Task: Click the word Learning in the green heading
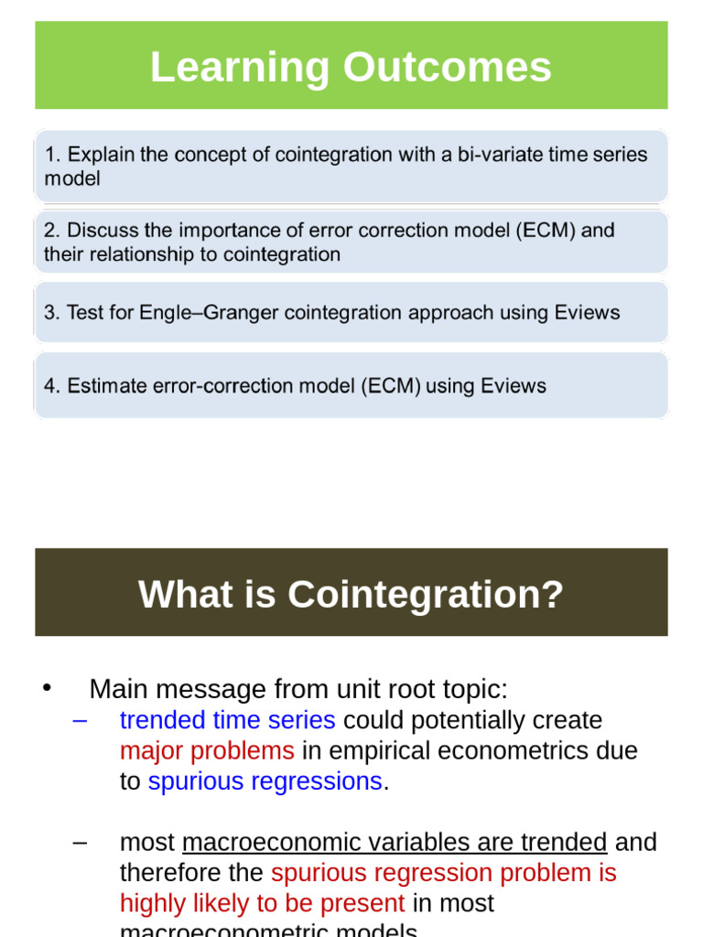[240, 68]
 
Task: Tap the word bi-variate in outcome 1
[501, 155]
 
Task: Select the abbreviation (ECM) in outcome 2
[545, 231]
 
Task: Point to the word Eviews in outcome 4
[511, 386]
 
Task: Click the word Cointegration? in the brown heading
[426, 595]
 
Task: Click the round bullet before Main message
[49, 688]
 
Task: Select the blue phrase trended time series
[227, 720]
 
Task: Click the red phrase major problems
[207, 751]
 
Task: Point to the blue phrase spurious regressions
[265, 781]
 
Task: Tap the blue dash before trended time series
[80, 720]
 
